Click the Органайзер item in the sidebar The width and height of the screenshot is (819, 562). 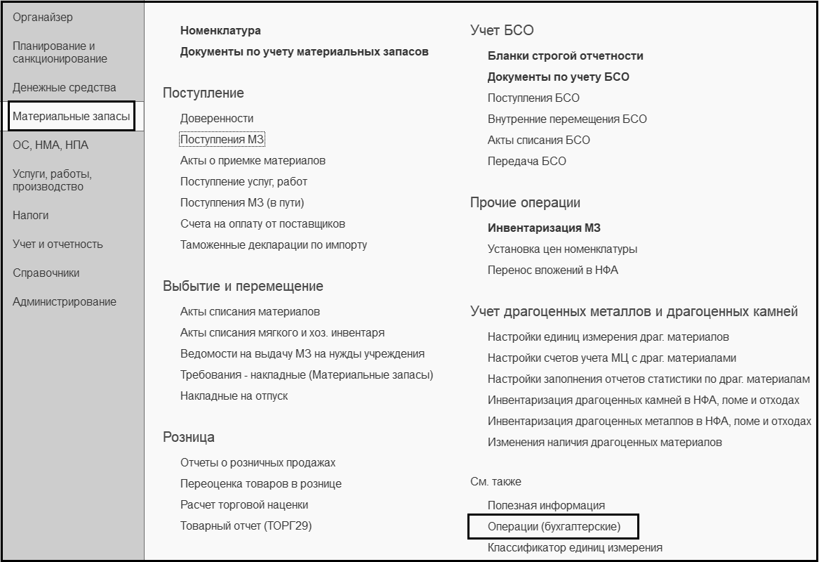pyautogui.click(x=43, y=17)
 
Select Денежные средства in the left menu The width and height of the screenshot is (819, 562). pyautogui.click(x=65, y=88)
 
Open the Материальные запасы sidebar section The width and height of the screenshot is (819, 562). pyautogui.click(x=72, y=117)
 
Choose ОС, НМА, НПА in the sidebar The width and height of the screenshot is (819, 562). pyautogui.click(x=51, y=145)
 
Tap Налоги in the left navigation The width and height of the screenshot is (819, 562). pyautogui.click(x=31, y=216)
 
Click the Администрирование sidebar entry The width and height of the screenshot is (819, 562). pyautogui.click(x=65, y=302)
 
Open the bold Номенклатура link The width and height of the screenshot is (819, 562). pyautogui.click(x=220, y=31)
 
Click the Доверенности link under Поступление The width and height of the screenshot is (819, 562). pyautogui.click(x=217, y=119)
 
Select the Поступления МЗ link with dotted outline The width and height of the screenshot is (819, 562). pyautogui.click(x=222, y=140)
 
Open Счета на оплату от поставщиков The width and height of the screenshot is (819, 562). pyautogui.click(x=262, y=224)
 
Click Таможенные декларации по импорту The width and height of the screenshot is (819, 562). pyautogui.click(x=274, y=245)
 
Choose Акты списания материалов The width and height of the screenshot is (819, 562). pyautogui.click(x=250, y=312)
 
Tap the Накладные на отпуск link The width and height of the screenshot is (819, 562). pyautogui.click(x=234, y=396)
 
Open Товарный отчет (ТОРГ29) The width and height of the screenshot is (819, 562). pyautogui.click(x=246, y=526)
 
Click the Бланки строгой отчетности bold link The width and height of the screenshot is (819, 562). pyautogui.click(x=565, y=56)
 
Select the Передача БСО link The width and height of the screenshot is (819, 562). pyautogui.click(x=526, y=162)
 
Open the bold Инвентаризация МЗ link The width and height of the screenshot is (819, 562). pyautogui.click(x=544, y=228)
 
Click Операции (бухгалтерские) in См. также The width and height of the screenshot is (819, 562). pyautogui.click(x=554, y=527)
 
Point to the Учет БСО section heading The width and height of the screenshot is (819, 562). pyautogui.click(x=502, y=30)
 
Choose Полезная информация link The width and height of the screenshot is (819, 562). pyautogui.click(x=546, y=506)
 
